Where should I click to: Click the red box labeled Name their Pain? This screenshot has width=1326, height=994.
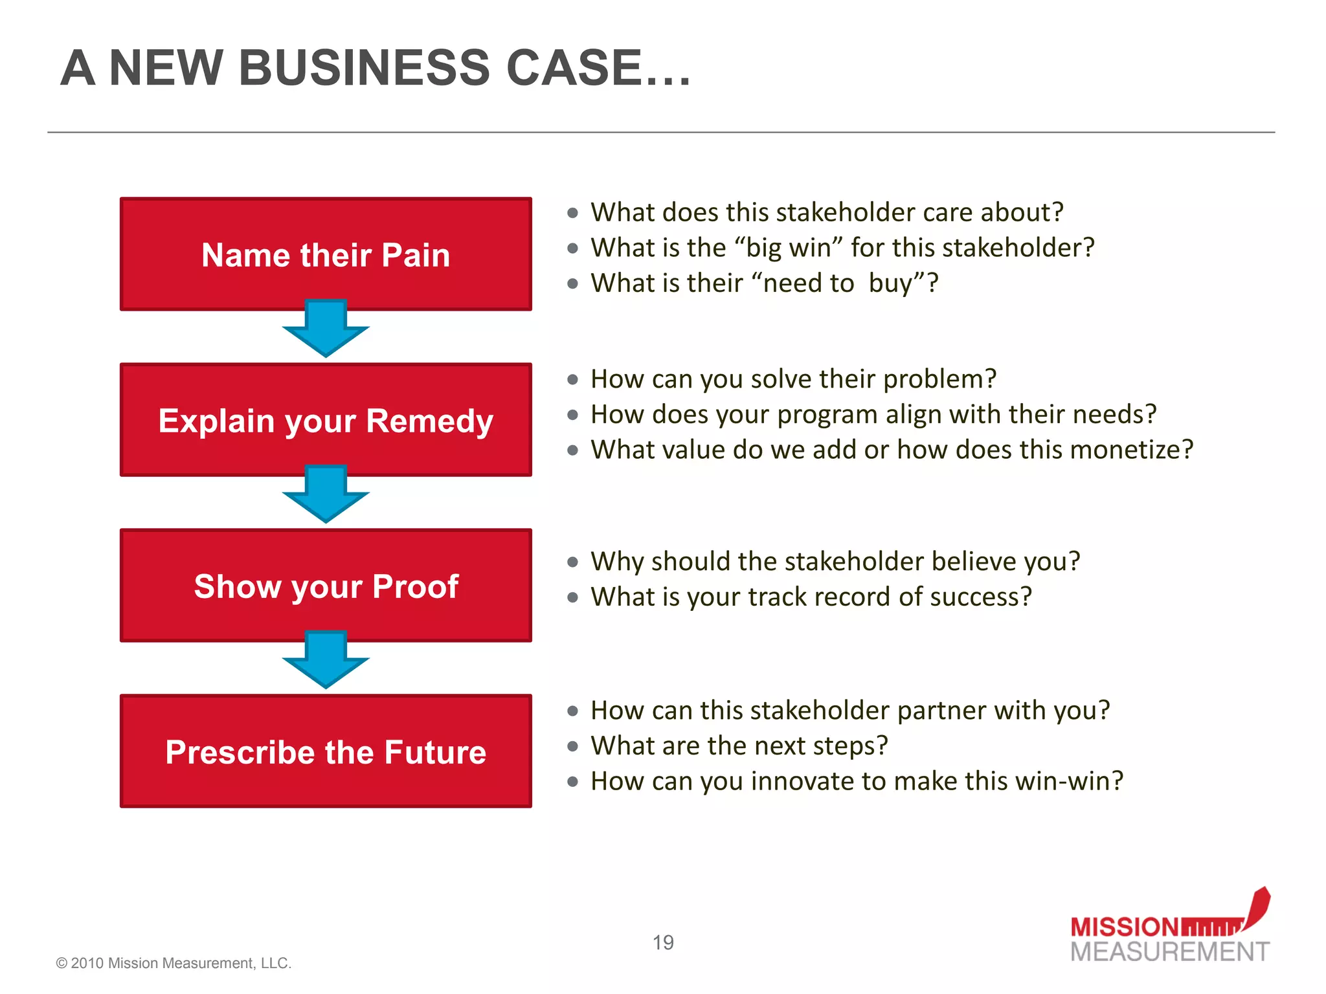click(x=326, y=254)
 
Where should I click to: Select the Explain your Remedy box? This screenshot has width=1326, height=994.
click(x=326, y=420)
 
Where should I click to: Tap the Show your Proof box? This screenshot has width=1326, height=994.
click(x=326, y=586)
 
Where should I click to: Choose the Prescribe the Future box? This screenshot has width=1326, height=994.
click(x=326, y=751)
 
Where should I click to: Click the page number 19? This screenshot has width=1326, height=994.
click(x=663, y=942)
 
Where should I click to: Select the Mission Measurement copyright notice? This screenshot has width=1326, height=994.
click(x=174, y=963)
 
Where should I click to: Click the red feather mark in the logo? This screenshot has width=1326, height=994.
click(x=1257, y=906)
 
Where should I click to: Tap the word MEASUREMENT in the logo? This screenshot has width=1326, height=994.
click(x=1170, y=952)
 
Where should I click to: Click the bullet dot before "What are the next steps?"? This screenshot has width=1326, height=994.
click(x=572, y=746)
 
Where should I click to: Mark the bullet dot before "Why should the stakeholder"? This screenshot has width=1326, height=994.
click(x=572, y=562)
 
